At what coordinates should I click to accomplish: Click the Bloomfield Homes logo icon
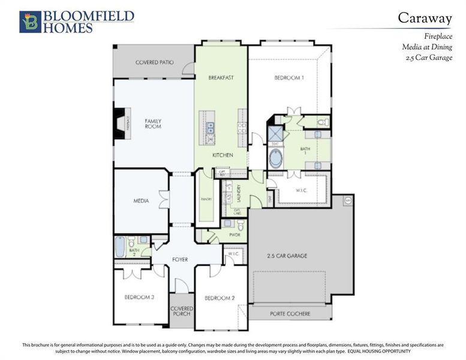pos(28,21)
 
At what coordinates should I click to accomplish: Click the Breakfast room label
pos(221,78)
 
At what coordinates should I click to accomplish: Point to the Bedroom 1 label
pos(289,78)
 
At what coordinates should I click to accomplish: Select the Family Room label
pos(153,124)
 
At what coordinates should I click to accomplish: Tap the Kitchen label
pos(223,155)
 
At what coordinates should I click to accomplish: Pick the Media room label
pos(141,201)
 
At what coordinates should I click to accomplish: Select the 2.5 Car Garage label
pos(287,256)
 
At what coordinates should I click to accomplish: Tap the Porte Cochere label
pos(290,314)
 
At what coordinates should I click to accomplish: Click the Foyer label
pos(180,260)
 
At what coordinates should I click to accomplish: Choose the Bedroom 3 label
pos(140,298)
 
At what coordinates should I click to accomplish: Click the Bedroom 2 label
pos(219,298)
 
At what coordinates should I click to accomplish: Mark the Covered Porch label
pos(182,311)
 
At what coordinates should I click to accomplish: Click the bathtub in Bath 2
pos(119,247)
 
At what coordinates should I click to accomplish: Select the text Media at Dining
pos(427,47)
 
